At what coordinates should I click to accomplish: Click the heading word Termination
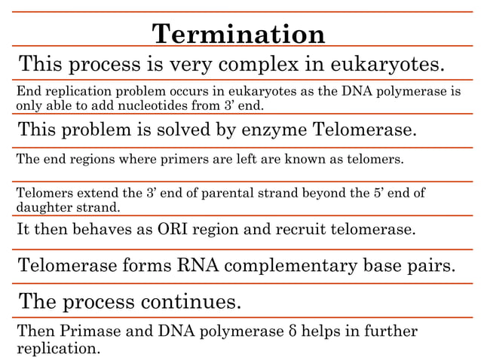(239, 34)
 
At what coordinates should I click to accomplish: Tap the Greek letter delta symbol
(293, 331)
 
